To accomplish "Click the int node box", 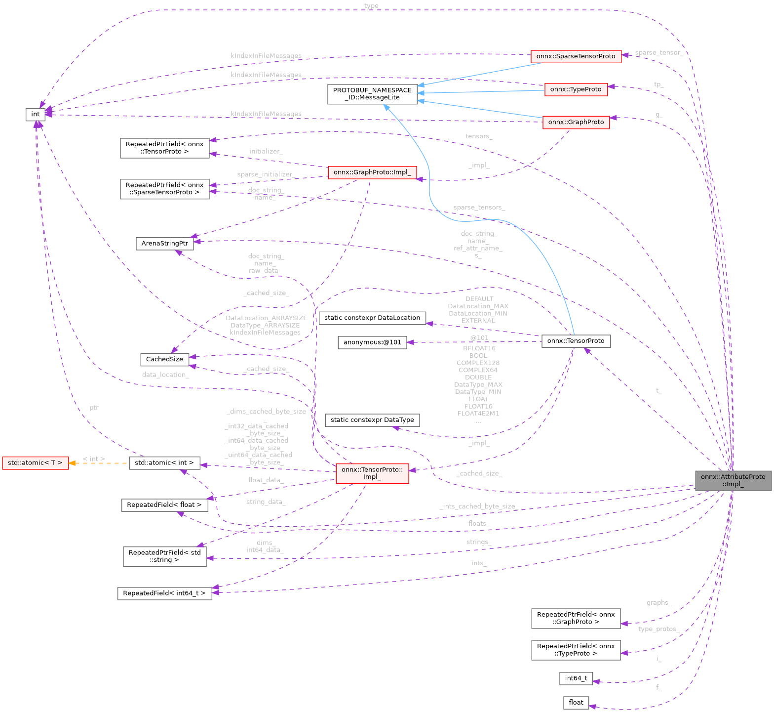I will (35, 114).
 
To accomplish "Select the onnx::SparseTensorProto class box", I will (576, 56).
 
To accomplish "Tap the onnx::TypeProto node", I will (576, 89).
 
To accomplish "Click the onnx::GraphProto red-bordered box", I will (576, 122).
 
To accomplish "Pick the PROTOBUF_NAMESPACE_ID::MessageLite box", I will (372, 94).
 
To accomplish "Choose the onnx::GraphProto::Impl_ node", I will (372, 172).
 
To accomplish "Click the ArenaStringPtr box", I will (164, 244).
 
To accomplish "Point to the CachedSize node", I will (164, 359).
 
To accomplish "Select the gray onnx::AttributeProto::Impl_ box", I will (733, 480).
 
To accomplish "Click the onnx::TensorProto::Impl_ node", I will (372, 473).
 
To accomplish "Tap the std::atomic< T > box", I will (35, 463).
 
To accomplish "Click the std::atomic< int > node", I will (164, 463).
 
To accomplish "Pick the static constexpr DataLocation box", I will (372, 318).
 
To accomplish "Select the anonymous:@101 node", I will (372, 342).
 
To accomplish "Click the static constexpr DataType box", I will (372, 420).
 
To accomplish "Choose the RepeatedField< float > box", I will (164, 505).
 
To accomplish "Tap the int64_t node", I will (576, 678).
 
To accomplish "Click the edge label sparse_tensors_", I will (478, 208).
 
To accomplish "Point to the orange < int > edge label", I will (94, 459).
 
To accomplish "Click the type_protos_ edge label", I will (658, 629).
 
